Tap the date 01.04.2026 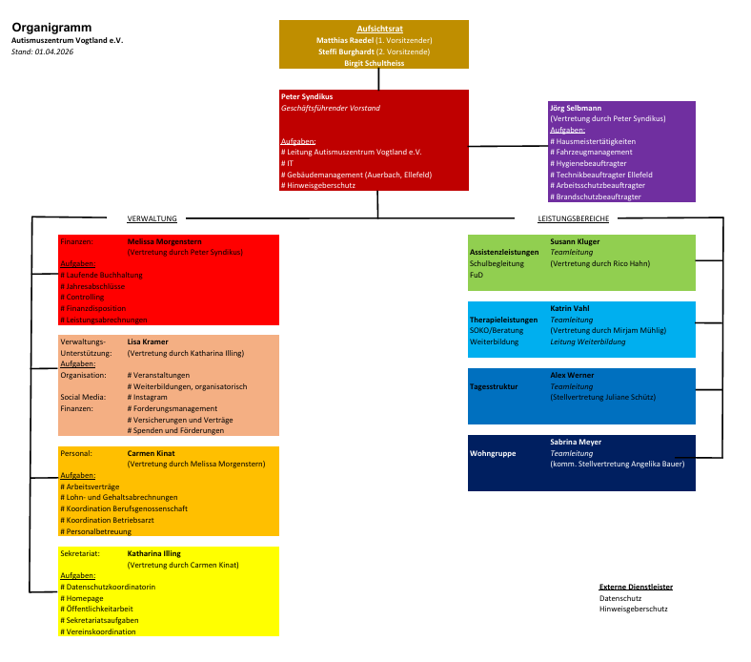coord(54,52)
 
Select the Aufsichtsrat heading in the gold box coord(374,30)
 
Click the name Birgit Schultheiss coord(374,63)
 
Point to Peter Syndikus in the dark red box coord(306,97)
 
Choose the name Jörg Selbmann coord(576,108)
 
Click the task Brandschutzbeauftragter coord(596,197)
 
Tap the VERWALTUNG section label coord(152,218)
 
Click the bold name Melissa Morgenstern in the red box coord(165,242)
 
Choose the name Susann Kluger coord(576,241)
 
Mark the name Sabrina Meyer coord(576,443)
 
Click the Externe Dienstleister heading coord(636,587)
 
